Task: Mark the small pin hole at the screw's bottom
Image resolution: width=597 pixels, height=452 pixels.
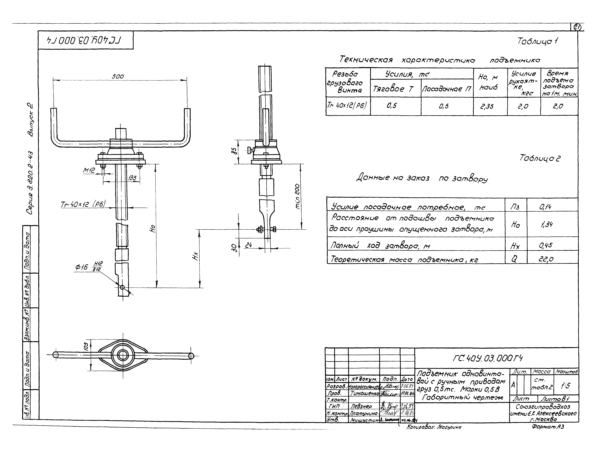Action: click(x=122, y=287)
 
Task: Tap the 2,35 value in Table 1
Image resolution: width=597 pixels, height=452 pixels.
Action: click(x=487, y=106)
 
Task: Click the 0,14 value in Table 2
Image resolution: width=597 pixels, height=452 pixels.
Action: click(x=545, y=207)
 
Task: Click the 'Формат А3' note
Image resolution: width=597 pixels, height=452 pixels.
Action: click(x=548, y=427)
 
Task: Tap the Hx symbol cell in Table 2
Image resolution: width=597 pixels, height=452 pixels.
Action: click(x=515, y=246)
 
